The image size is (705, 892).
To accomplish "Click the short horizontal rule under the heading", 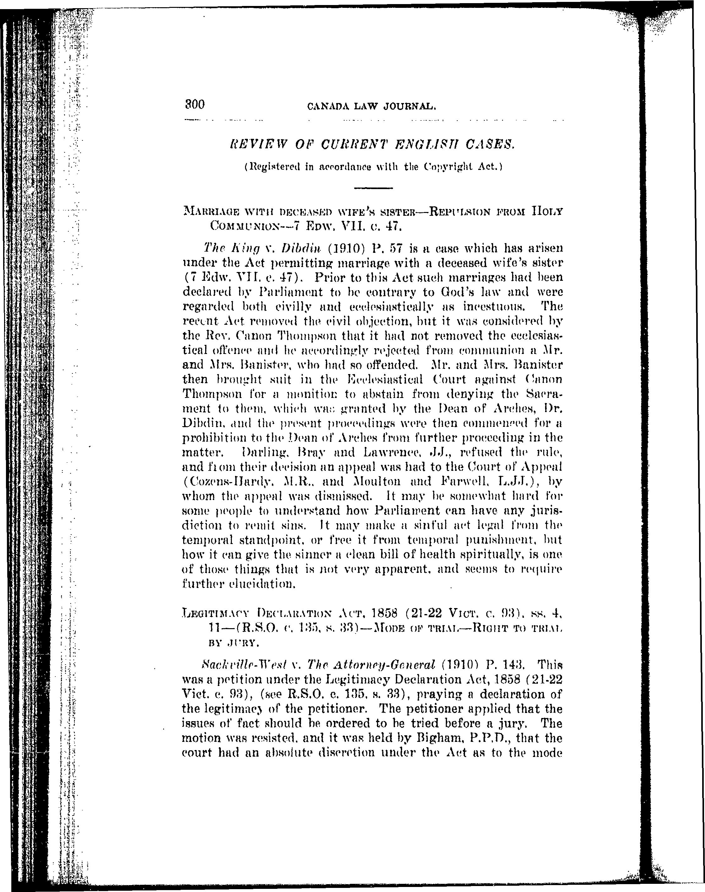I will pos(373,188).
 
